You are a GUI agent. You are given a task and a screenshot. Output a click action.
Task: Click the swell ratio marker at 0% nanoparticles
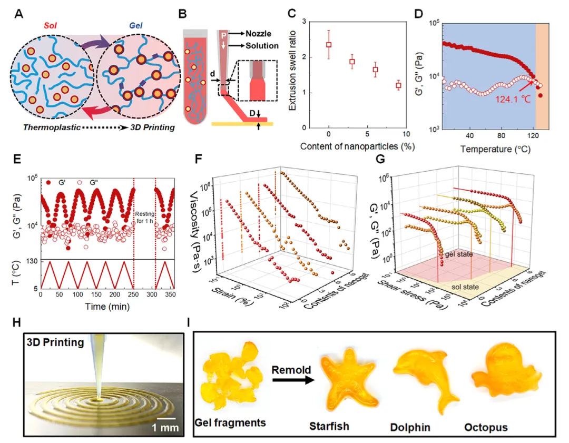329,45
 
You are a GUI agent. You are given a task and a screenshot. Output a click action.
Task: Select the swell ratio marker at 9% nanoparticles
398,85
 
